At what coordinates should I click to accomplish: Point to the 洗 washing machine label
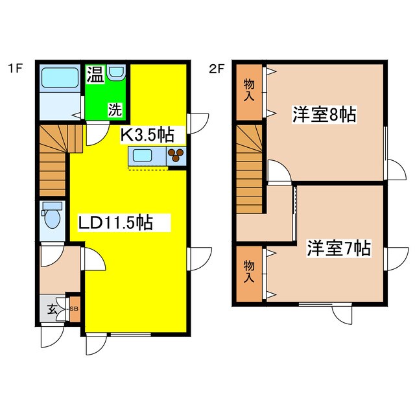pos(114,110)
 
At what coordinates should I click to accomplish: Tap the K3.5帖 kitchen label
pos(148,136)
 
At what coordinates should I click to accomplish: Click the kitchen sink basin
pos(143,156)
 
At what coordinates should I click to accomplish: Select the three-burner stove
pos(176,156)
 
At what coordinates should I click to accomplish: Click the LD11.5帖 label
pos(115,224)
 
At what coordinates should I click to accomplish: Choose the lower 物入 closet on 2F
pos(248,272)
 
